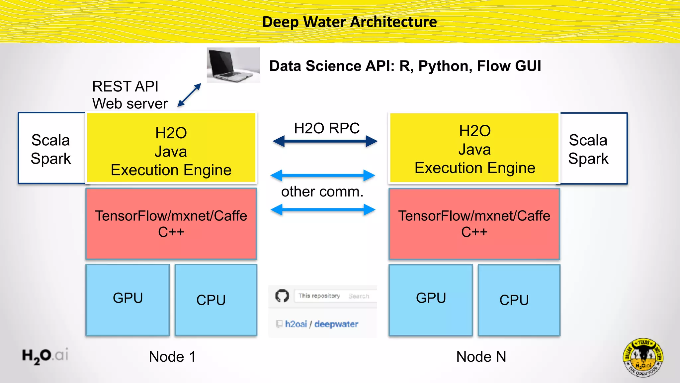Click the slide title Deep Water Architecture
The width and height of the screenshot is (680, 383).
click(x=349, y=22)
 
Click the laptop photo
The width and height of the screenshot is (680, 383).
click(x=233, y=65)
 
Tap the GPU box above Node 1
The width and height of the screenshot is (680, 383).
click(x=127, y=299)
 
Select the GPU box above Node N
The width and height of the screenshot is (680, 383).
click(x=431, y=299)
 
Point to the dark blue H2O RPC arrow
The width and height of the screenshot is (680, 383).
click(x=325, y=141)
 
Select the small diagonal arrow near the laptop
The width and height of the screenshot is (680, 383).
click(x=189, y=95)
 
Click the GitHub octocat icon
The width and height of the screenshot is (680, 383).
click(x=282, y=296)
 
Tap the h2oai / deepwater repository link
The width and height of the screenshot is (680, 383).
click(x=321, y=324)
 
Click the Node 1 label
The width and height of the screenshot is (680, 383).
click(x=172, y=357)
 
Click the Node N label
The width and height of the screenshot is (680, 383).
click(x=481, y=357)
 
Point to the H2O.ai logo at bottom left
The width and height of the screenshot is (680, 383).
click(x=45, y=356)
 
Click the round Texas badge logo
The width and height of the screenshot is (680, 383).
click(x=643, y=357)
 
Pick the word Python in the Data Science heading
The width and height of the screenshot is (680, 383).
click(x=445, y=66)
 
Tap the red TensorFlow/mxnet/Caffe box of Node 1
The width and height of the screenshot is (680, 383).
click(x=171, y=223)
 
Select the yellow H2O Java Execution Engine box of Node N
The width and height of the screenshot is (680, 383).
click(x=474, y=149)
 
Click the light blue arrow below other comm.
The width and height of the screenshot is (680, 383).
click(x=323, y=210)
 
